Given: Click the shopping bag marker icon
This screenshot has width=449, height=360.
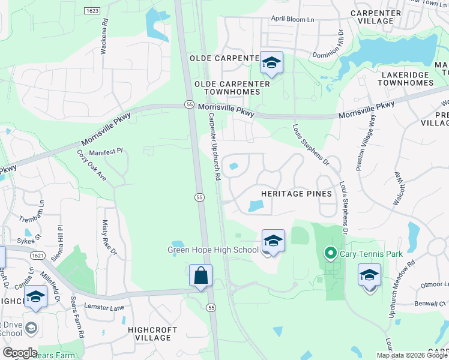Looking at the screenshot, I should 200,275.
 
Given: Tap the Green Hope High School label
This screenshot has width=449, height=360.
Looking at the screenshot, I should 212,250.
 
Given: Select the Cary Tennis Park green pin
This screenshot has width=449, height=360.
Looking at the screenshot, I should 330,253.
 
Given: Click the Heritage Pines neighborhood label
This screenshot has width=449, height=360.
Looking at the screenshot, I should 297,194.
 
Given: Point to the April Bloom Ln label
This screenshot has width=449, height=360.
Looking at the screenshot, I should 292,19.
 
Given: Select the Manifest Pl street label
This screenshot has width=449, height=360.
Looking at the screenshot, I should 106,152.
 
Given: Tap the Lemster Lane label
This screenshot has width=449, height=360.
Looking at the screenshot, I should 105,308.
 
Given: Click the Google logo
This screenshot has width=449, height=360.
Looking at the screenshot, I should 20,353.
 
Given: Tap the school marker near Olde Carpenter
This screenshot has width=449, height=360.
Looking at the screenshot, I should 272,62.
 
